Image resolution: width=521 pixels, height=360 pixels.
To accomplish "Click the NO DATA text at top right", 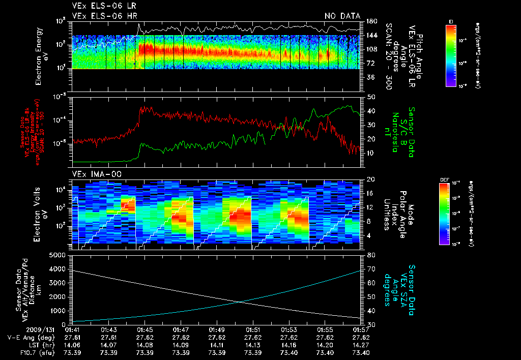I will (342, 16).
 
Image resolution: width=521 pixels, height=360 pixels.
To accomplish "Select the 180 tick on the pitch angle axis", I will (371, 21).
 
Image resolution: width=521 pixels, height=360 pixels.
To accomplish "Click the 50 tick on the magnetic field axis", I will (371, 97).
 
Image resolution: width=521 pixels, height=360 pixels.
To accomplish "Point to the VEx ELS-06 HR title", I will (104, 16).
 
